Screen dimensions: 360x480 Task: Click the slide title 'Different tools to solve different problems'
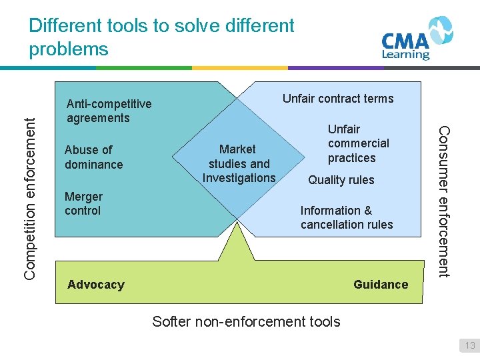[161, 37]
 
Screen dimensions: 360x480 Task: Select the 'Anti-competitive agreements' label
[109, 111]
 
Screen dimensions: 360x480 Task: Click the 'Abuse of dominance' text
[93, 157]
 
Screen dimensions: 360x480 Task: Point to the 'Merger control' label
[83, 203]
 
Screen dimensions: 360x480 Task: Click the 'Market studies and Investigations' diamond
[239, 163]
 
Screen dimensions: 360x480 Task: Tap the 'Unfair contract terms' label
[338, 99]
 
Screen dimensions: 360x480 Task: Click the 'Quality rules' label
[341, 180]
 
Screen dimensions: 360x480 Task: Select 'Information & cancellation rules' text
[347, 217]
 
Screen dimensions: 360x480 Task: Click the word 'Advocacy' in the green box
[96, 285]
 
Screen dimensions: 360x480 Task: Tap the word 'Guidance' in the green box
[381, 285]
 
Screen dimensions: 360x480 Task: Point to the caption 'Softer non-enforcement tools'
[246, 321]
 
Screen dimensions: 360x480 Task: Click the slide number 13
[470, 345]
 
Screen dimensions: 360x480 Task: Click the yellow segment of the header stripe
[239, 67]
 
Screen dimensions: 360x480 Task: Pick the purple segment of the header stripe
[335, 67]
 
